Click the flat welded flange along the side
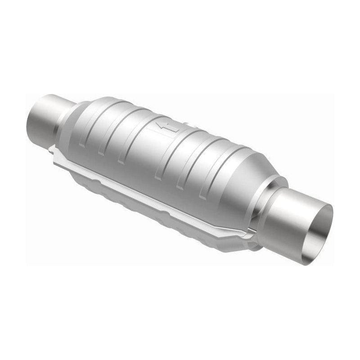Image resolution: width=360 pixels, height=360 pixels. point(157,189)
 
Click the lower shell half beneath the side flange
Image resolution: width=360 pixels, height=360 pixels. point(148,202)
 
